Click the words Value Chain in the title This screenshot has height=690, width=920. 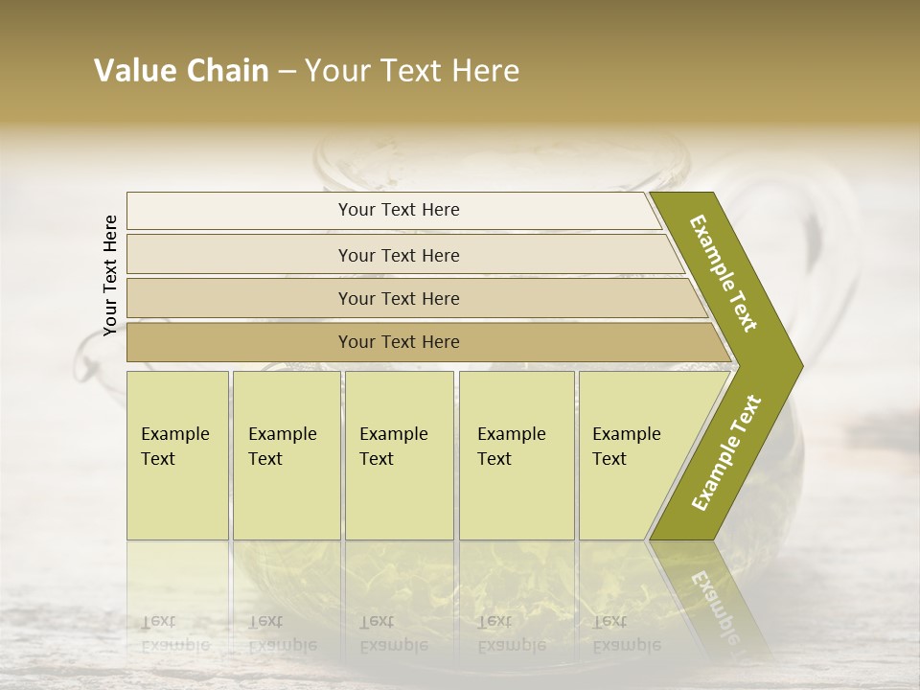point(181,71)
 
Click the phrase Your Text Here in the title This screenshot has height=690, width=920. point(412,71)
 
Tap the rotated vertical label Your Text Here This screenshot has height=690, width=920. point(110,275)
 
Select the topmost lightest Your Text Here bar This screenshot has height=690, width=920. point(398,210)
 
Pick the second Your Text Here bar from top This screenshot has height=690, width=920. point(398,255)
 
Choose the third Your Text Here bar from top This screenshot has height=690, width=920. point(398,298)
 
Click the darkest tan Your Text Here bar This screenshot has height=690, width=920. point(398,342)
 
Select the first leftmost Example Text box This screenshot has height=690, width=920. point(177,454)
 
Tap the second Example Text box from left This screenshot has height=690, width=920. point(286,454)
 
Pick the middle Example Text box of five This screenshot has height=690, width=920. point(399,454)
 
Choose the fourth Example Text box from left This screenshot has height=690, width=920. point(516,454)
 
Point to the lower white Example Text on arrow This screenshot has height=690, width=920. point(726,452)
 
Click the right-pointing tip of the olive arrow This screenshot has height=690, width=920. point(795,365)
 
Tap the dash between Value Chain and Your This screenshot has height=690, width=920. point(287,72)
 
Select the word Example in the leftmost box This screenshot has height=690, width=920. point(174,434)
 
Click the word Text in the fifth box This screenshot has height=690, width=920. point(609,459)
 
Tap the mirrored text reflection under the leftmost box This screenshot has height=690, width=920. point(175,633)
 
